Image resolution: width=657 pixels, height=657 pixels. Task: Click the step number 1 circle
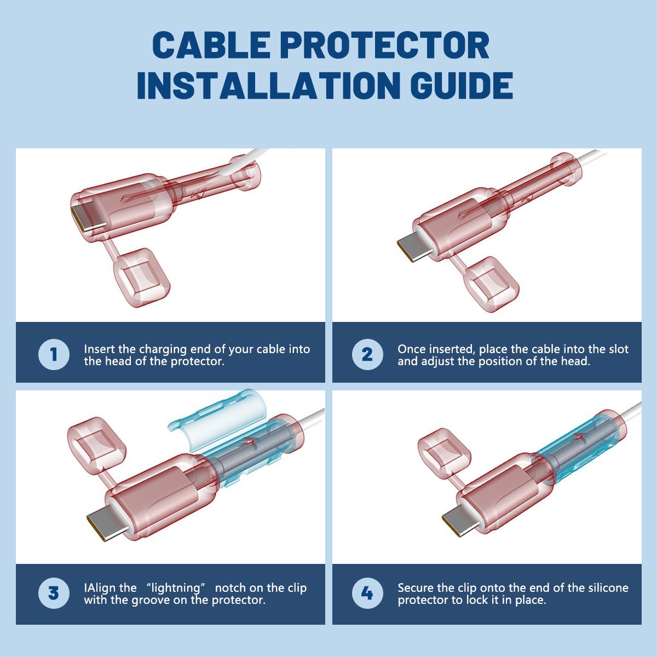pyautogui.click(x=54, y=354)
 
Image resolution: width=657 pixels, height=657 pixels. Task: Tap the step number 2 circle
pyautogui.click(x=367, y=354)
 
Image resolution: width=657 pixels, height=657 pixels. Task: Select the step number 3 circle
pyautogui.click(x=54, y=593)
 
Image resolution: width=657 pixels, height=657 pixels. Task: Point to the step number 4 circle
pyautogui.click(x=367, y=593)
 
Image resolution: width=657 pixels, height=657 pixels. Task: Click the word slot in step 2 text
pyautogui.click(x=618, y=349)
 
